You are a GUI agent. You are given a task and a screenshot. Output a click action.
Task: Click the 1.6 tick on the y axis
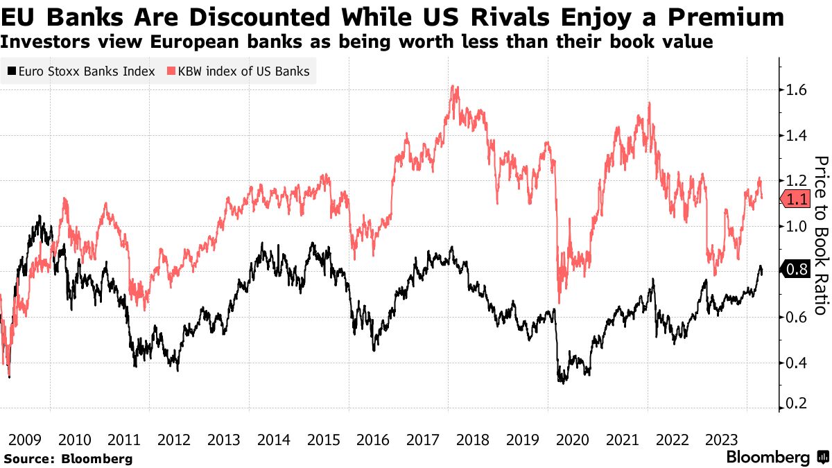click(x=795, y=90)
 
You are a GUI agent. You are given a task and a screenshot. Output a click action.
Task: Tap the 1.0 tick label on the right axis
click(x=795, y=226)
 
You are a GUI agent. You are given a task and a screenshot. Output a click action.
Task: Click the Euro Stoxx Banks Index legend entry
click(x=82, y=71)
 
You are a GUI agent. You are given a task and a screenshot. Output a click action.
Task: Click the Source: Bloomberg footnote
click(x=68, y=458)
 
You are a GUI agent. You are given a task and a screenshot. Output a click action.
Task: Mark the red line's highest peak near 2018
click(x=453, y=87)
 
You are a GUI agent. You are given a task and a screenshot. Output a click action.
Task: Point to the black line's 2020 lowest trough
click(x=562, y=382)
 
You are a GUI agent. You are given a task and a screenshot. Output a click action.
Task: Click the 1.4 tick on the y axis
click(x=795, y=135)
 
